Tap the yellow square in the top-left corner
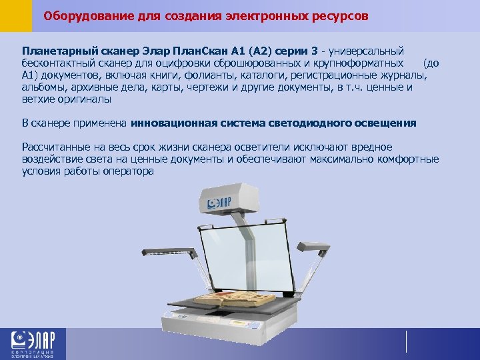[15, 15]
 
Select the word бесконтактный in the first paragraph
[55, 63]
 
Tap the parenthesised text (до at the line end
[431, 63]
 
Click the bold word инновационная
[172, 123]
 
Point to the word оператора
[130, 171]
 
